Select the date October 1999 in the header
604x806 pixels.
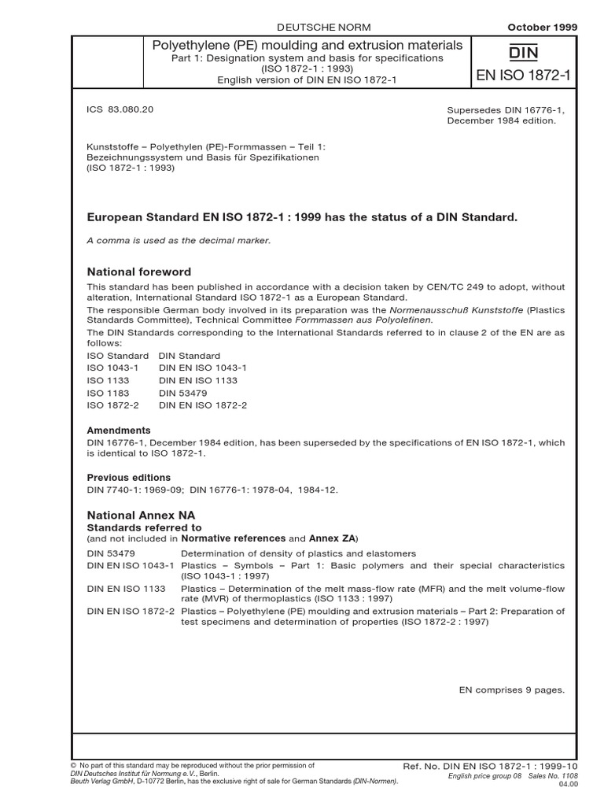543,27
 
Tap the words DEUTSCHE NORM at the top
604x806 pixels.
309,27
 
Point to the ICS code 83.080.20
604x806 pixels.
120,110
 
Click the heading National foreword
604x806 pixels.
138,272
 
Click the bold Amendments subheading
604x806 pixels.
118,431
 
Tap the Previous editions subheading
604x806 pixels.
128,478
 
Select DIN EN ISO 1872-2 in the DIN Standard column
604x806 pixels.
203,405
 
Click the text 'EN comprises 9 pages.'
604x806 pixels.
512,690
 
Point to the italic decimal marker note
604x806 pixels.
179,240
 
